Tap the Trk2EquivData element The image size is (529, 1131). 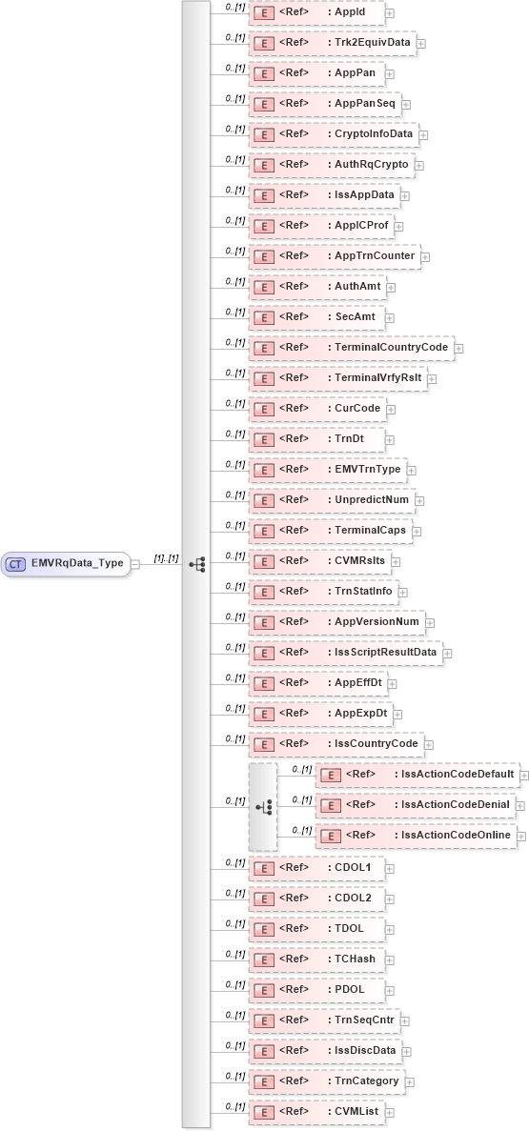point(333,43)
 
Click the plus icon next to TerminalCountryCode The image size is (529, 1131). point(459,348)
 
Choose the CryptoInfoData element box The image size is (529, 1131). point(334,134)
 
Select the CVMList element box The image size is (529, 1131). point(316,1111)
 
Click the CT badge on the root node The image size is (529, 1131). point(15,563)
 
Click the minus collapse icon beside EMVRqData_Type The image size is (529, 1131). point(136,563)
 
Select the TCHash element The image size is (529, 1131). point(317,959)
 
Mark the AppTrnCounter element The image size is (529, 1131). point(336,256)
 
